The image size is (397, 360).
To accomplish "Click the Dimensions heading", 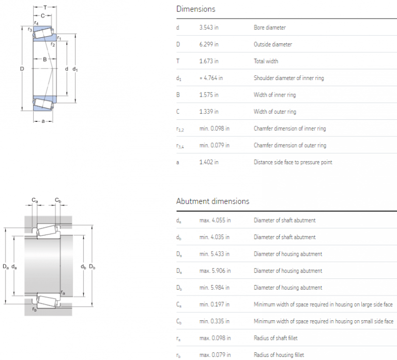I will pos(195,9).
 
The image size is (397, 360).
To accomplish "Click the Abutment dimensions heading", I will pos(212,201).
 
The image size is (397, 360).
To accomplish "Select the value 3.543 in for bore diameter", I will pos(209,27).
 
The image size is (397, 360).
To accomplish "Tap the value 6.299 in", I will pos(209,44).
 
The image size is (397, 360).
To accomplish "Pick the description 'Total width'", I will pos(266,61).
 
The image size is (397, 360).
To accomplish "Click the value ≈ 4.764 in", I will pos(211,78).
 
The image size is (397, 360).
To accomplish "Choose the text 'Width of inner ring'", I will pos(274,95).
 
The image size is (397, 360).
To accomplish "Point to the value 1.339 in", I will pos(209,112).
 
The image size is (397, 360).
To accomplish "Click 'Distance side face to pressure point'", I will pos(293,162).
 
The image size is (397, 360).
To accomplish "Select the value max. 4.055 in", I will pos(215,221).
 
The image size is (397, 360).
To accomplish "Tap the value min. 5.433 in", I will pos(215,254).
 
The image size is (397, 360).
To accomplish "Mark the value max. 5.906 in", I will pos(215,271).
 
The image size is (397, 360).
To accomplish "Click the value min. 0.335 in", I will pos(215,321).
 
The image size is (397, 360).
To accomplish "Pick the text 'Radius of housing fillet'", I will pos(279,355).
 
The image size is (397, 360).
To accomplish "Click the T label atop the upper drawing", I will pos(45,7).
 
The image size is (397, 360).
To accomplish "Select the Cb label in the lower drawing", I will pos(58,200).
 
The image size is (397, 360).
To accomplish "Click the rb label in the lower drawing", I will pos(35,309).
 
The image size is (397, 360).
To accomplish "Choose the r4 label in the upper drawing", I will pos(36,23).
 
